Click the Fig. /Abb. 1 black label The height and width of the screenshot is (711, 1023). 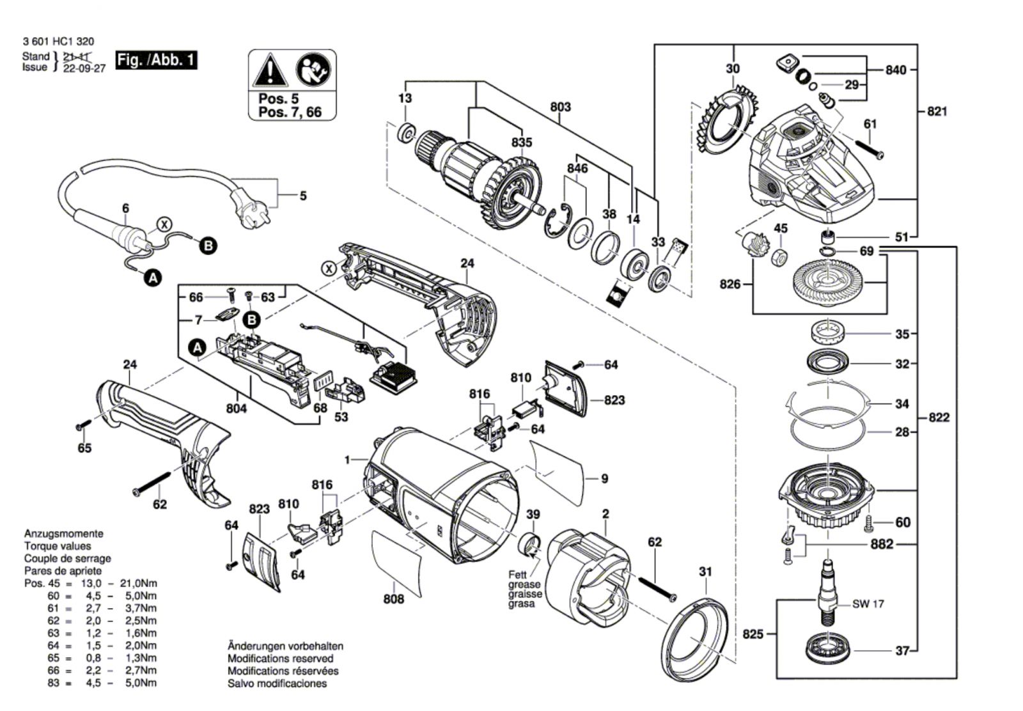point(156,61)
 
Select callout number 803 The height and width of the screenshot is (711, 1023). point(560,107)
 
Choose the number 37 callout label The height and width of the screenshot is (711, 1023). point(902,652)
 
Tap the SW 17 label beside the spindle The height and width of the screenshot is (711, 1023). point(868,604)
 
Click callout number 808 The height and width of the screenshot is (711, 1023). point(394,599)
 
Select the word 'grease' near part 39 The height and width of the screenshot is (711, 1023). point(524,584)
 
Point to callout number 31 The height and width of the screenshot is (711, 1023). point(705,572)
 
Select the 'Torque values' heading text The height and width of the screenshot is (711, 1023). point(58,546)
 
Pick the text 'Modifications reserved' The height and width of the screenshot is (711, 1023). point(280,659)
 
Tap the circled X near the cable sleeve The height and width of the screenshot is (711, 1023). point(165,224)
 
